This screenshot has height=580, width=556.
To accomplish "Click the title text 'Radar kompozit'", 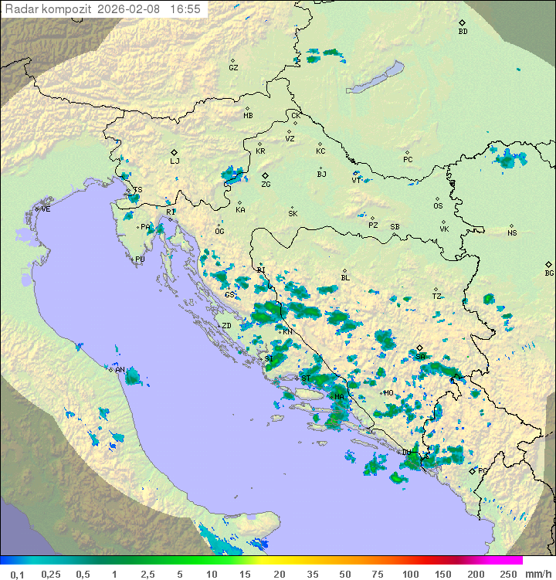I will [49, 9].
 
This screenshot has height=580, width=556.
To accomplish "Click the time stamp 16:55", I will [185, 9].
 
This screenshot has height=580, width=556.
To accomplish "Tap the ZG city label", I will [266, 185].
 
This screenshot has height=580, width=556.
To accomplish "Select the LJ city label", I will [175, 161].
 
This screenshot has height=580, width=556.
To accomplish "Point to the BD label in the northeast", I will [463, 32].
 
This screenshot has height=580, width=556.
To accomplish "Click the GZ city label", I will [233, 67].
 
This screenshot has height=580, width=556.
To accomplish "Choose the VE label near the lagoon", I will [46, 209].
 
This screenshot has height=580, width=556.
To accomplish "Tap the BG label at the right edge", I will [549, 273].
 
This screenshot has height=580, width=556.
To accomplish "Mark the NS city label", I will [512, 233].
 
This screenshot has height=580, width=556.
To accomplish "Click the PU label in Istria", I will [140, 259].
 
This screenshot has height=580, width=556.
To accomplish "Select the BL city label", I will [345, 278].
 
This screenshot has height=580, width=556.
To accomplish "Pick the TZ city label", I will [436, 296].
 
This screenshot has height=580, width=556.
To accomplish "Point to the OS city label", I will [438, 206].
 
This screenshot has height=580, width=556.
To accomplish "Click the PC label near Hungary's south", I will [408, 160].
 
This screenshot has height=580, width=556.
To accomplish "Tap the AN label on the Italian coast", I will [120, 370].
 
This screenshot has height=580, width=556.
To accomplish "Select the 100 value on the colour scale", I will [410, 574].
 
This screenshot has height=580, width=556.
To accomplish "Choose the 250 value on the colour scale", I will [507, 574].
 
